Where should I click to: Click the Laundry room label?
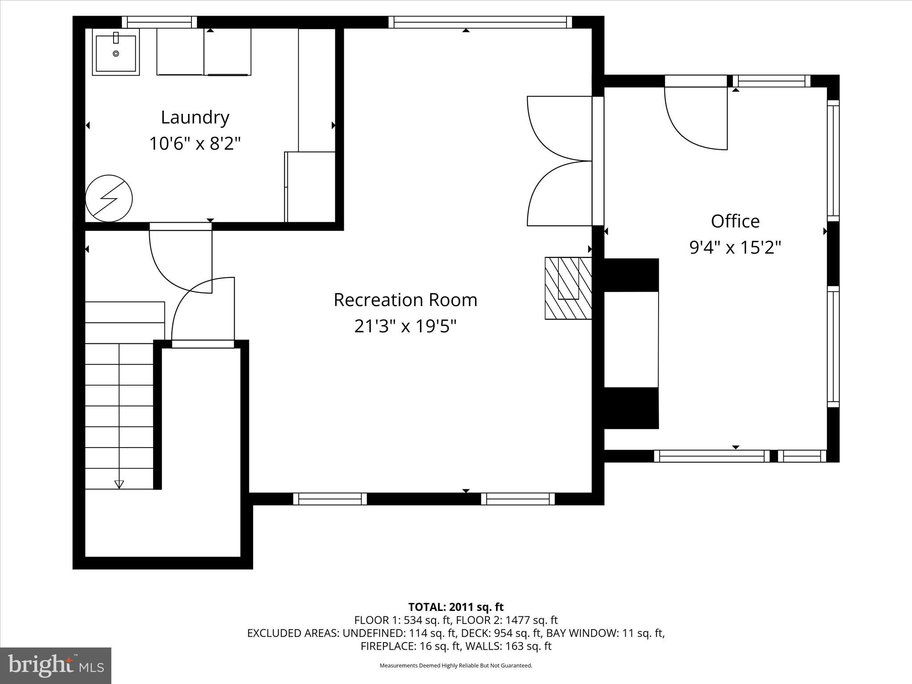[x=195, y=118]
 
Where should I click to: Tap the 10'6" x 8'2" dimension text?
[x=195, y=144]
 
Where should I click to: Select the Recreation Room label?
[x=405, y=300]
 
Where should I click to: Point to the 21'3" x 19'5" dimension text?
[x=405, y=327]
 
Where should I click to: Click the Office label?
[x=735, y=221]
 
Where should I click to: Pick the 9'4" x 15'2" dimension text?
[x=735, y=248]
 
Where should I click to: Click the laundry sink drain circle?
[x=116, y=53]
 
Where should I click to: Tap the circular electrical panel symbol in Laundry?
[x=109, y=198]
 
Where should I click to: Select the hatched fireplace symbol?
[x=568, y=288]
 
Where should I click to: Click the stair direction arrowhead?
[x=119, y=484]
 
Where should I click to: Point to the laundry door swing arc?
[x=178, y=263]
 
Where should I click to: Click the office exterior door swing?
[x=692, y=120]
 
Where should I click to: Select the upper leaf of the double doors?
[x=557, y=127]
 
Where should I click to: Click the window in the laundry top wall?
[x=159, y=22]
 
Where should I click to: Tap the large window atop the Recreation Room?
[x=480, y=22]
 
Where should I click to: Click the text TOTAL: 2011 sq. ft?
[x=456, y=607]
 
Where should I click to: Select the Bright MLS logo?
[x=56, y=665]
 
